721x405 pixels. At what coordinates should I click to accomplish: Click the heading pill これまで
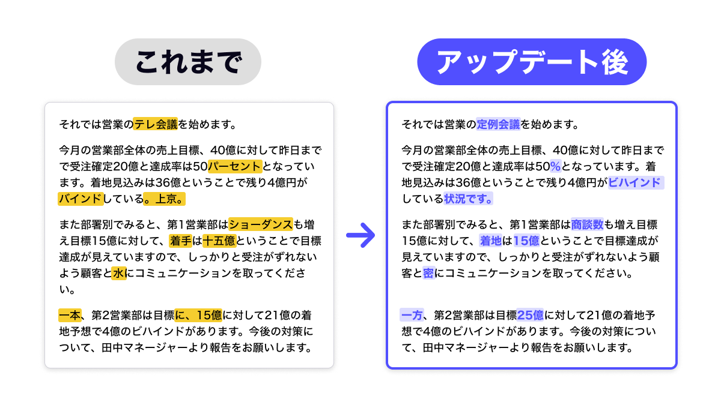[188, 62]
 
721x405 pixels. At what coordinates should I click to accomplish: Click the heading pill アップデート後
[532, 62]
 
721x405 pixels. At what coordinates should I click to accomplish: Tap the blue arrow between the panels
[360, 235]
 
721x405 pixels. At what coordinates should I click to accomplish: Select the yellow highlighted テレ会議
[156, 125]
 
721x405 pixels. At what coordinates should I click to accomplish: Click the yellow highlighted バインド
[81, 198]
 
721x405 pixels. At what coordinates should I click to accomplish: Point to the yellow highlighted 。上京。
[166, 198]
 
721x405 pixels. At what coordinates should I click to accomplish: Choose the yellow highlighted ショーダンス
[261, 225]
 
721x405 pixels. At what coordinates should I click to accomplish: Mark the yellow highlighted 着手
[180, 241]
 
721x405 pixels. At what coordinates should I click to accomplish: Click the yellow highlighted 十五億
[219, 241]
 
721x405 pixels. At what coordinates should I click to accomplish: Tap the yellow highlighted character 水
[118, 274]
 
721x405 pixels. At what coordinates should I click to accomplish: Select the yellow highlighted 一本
[70, 315]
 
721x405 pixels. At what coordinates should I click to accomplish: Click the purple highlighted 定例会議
[498, 125]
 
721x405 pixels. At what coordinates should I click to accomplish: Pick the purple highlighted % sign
[555, 166]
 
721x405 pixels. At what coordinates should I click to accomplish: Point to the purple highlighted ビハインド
[636, 182]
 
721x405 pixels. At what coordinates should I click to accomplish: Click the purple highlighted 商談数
[587, 225]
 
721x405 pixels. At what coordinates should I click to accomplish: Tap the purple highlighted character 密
[428, 274]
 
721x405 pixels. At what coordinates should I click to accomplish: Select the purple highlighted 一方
[412, 315]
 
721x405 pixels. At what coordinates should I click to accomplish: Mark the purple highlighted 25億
[531, 315]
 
